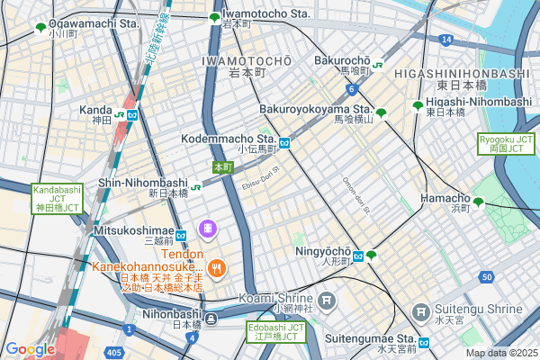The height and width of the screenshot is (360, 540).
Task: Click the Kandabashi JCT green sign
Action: pos(58,198)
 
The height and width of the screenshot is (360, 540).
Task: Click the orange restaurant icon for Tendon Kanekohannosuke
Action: pos(216,267)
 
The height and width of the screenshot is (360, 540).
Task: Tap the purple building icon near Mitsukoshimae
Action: pos(208,229)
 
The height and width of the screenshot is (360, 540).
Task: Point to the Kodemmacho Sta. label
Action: pos(229,139)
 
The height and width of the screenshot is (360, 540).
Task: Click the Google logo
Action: pos(30,349)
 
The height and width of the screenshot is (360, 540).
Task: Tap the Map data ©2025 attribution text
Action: pos(500,353)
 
